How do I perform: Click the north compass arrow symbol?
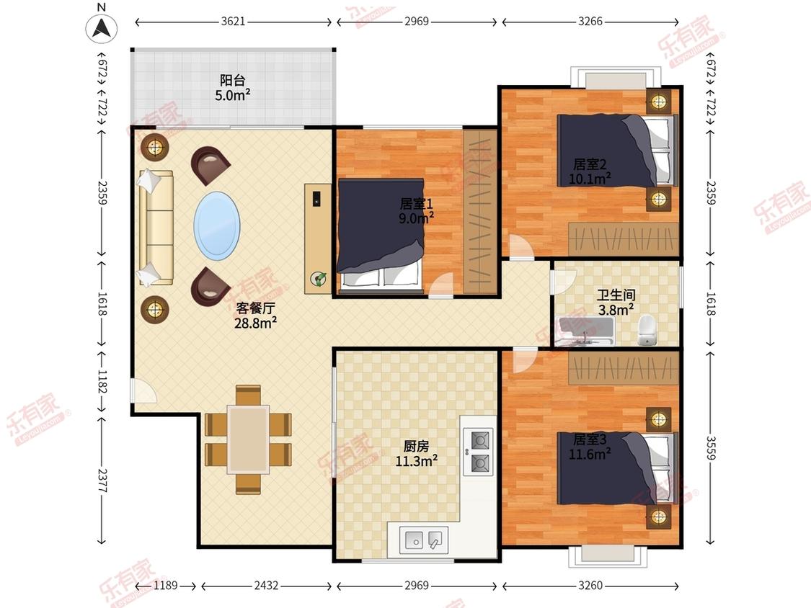click(x=102, y=27)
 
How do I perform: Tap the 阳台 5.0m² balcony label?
click(x=233, y=88)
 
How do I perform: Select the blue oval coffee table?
click(x=217, y=226)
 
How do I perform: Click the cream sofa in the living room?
click(x=155, y=228)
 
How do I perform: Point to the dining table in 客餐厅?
click(x=248, y=439)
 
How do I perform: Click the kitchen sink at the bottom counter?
click(x=424, y=540)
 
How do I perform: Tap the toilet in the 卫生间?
click(x=647, y=331)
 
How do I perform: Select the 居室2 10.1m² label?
click(x=590, y=171)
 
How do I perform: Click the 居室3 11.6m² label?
click(x=590, y=447)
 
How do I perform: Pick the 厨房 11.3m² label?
click(x=417, y=453)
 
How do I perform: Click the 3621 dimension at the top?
click(x=233, y=22)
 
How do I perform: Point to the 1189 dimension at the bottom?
click(x=166, y=585)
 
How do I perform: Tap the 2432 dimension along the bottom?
click(x=266, y=585)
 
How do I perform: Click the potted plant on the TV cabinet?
click(x=318, y=279)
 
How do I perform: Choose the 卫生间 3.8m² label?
click(x=616, y=303)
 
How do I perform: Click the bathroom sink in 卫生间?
click(x=586, y=331)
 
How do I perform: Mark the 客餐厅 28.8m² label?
click(x=255, y=316)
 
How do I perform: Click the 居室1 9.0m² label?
click(x=417, y=211)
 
